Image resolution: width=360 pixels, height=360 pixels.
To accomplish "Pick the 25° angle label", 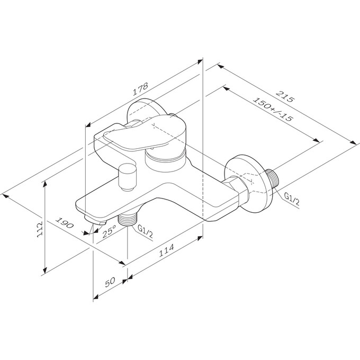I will (110, 231).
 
